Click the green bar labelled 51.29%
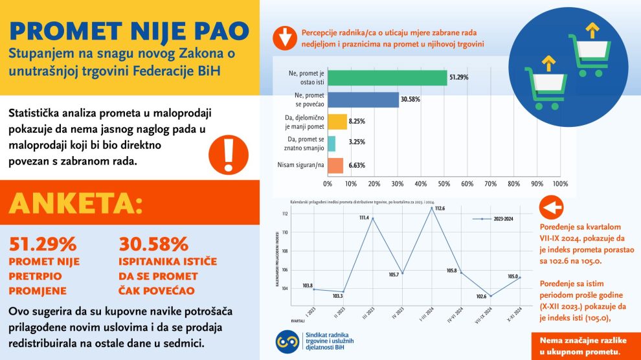pos(387,78)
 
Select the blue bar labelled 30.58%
pos(363,100)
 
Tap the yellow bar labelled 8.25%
pos(337,122)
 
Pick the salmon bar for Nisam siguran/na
pos(335,166)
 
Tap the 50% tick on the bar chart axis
pos(444,184)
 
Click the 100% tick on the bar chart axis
pos(559,184)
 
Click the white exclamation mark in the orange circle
pos(227,152)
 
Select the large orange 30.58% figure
pos(153,244)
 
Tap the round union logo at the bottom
pos(287,341)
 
